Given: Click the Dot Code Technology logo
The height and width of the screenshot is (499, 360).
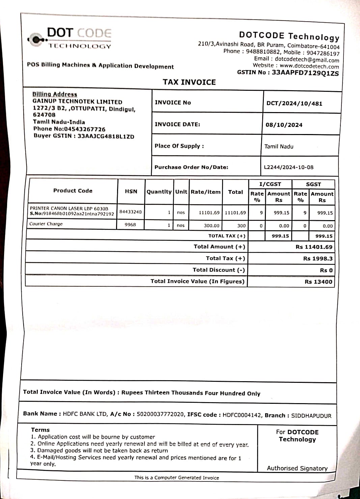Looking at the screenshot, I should click(x=70, y=38).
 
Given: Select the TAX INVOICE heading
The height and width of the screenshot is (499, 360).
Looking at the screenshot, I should click(x=189, y=82).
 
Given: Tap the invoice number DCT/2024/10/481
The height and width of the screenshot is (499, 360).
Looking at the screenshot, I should click(x=294, y=103).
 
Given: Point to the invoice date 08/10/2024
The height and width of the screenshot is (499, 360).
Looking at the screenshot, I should click(x=284, y=125).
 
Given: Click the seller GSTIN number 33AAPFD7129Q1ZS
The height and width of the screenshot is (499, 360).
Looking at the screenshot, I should click(x=305, y=73).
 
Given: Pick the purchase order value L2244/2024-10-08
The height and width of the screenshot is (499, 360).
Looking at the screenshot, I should click(x=288, y=167).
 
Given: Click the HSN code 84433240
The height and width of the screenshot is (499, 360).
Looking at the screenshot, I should click(x=131, y=212).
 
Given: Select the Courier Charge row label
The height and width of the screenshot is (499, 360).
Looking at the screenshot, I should click(x=46, y=224).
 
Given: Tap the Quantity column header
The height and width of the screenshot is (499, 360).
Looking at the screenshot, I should click(x=159, y=191).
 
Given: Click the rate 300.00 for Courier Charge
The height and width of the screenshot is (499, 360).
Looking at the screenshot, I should click(x=212, y=226).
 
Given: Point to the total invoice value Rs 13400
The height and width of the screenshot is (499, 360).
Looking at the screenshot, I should click(x=318, y=282).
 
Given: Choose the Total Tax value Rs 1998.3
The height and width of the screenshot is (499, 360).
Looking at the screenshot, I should click(x=317, y=259).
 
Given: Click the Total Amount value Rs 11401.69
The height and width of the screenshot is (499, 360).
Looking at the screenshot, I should click(x=314, y=247).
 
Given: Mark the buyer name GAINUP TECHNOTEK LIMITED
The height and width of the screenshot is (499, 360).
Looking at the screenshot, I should click(x=77, y=102).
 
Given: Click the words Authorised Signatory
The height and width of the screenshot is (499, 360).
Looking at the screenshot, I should click(x=297, y=468).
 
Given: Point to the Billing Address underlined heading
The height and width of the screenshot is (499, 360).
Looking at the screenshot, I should click(x=55, y=94).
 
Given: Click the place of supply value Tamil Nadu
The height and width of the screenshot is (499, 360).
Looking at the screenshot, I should click(x=279, y=147).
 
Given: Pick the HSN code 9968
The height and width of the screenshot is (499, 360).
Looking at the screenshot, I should click(x=130, y=225).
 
